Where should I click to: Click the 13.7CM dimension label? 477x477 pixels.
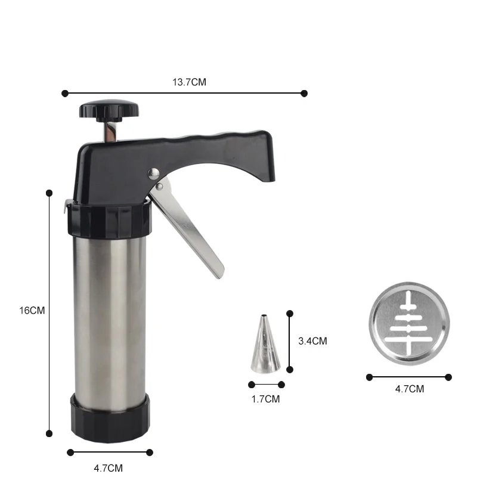pyautogui.click(x=189, y=82)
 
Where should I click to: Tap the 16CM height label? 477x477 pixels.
pyautogui.click(x=32, y=311)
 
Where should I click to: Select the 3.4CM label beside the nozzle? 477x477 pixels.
pyautogui.click(x=312, y=341)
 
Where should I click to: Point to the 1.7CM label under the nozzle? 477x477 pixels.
pyautogui.click(x=265, y=399)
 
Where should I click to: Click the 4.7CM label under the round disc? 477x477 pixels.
pyautogui.click(x=410, y=389)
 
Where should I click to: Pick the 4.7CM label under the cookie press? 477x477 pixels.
pyautogui.click(x=108, y=468)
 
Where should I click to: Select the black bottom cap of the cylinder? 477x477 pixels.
pyautogui.click(x=110, y=417)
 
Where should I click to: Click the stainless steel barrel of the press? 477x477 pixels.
pyautogui.click(x=110, y=323)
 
